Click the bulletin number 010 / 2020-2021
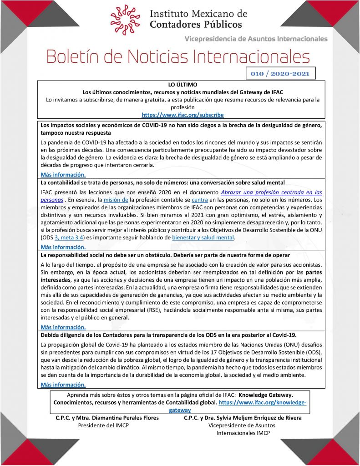click(280, 73)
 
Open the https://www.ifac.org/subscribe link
click(183, 115)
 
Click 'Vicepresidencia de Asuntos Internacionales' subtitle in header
click(256, 39)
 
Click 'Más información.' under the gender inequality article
click(63, 174)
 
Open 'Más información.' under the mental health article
click(63, 247)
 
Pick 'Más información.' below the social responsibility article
click(63, 327)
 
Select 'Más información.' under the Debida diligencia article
click(63, 385)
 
